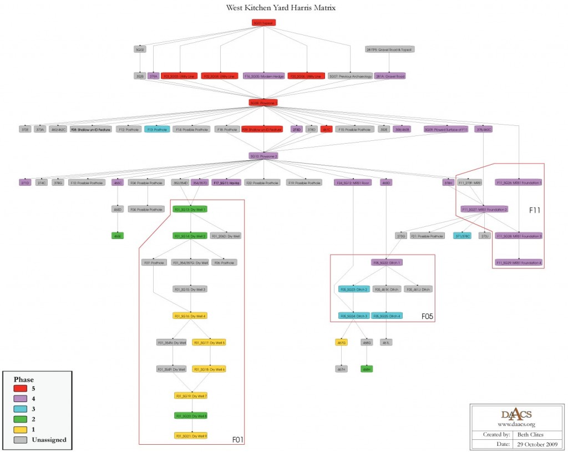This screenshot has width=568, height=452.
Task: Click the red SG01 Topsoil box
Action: [x=263, y=23]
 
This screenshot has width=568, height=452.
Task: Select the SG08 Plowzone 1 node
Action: [x=263, y=103]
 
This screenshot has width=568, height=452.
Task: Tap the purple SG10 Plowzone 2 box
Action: [x=263, y=156]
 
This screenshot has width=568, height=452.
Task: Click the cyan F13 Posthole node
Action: [x=157, y=129]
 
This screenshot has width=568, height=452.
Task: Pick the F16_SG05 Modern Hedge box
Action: [x=263, y=76]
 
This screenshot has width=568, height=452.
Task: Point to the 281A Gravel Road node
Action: [x=390, y=76]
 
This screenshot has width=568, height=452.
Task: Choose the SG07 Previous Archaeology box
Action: [x=350, y=76]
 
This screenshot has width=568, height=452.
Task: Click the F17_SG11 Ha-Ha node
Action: [x=226, y=182]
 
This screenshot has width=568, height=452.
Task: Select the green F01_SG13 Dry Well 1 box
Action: [x=190, y=209]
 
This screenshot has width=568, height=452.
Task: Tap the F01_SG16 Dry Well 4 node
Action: [x=190, y=316]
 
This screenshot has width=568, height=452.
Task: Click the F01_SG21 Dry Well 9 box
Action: [x=190, y=435]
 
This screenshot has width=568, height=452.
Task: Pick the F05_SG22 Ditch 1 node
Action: [x=386, y=262]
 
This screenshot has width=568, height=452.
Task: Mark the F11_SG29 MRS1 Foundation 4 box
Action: [x=519, y=262]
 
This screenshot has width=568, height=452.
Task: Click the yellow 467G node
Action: [x=342, y=343]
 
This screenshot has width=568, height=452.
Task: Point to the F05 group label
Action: [x=427, y=317]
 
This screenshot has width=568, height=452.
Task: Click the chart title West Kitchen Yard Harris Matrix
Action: [x=281, y=8]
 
